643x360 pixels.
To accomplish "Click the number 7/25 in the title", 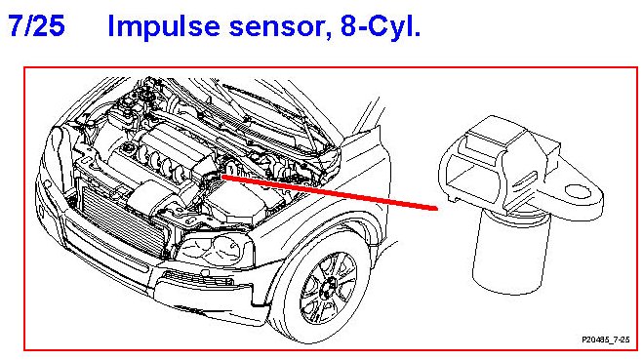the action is pos(36,25).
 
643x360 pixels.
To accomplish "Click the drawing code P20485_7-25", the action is pos(605,340).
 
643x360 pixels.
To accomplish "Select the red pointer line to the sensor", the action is pos(329,192).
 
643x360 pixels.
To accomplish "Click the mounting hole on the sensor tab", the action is pos(578,190).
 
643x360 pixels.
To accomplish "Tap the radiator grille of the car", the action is pos(122,221).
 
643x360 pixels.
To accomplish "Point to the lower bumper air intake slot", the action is pos(198,279).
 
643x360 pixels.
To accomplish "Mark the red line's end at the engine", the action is pos(221,177).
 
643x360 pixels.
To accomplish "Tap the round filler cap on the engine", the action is pos(129,146).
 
